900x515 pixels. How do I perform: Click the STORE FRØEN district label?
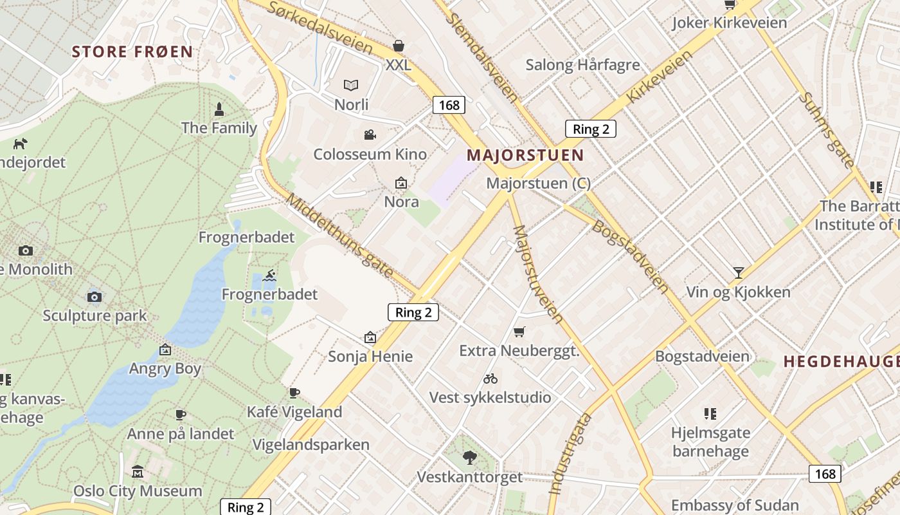click(132, 52)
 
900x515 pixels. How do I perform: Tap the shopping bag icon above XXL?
click(399, 46)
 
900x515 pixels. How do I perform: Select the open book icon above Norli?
click(351, 85)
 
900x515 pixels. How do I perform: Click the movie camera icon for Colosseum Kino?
click(370, 135)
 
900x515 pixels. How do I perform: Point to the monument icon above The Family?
click(219, 109)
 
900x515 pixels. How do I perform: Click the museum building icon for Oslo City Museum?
click(137, 472)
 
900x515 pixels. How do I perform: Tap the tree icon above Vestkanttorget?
click(470, 458)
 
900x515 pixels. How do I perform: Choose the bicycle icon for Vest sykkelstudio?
click(491, 378)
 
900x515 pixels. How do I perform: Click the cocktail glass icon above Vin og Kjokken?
click(738, 273)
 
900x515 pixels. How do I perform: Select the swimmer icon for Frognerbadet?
click(269, 276)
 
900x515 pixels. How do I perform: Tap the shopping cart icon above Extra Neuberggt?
click(519, 332)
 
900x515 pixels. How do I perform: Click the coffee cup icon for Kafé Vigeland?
click(294, 393)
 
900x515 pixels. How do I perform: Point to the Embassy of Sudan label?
click(735, 505)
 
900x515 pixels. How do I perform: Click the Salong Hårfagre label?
click(582, 65)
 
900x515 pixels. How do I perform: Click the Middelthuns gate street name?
click(339, 235)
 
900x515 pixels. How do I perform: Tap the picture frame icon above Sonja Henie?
click(370, 337)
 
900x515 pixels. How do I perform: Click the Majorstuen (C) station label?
click(538, 183)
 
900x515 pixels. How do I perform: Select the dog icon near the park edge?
click(21, 143)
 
